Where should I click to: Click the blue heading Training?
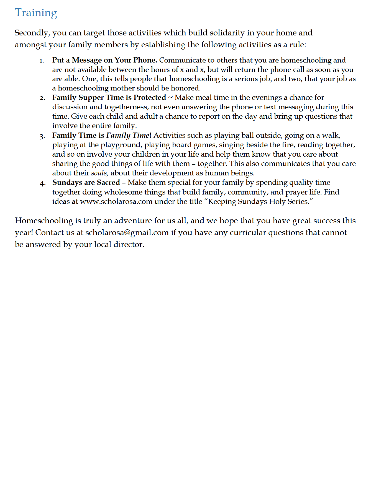click(x=36, y=13)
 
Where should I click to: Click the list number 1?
click(x=42, y=61)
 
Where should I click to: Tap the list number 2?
click(x=42, y=98)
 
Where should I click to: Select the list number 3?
click(x=42, y=136)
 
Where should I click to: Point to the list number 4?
click(x=42, y=183)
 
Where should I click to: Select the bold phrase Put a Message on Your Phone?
click(x=104, y=60)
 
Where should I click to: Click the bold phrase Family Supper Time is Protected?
click(x=109, y=98)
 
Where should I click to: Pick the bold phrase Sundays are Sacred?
click(x=86, y=183)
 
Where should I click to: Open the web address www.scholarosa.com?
click(x=116, y=202)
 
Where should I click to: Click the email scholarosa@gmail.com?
click(x=127, y=233)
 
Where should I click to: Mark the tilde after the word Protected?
click(x=170, y=98)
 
